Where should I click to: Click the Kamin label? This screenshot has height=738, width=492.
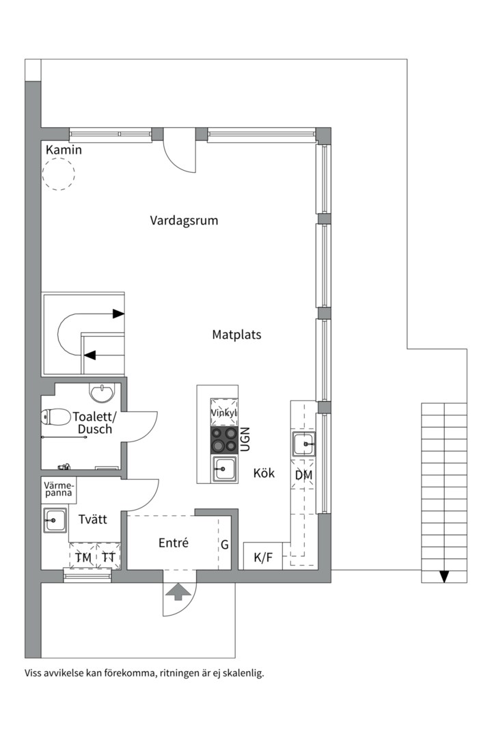pyautogui.click(x=64, y=150)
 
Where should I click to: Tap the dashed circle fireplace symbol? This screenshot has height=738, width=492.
pyautogui.click(x=58, y=174)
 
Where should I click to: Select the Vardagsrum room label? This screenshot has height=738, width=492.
pyautogui.click(x=184, y=221)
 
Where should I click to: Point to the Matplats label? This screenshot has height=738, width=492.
pyautogui.click(x=236, y=335)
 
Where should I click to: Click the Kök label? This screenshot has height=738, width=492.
pyautogui.click(x=264, y=473)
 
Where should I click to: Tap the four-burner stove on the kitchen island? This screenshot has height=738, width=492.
pyautogui.click(x=224, y=439)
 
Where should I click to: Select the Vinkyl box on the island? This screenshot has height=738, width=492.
pyautogui.click(x=224, y=413)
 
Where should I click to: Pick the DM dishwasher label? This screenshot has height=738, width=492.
pyautogui.click(x=304, y=474)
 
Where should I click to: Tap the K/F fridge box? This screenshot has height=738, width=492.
pyautogui.click(x=263, y=558)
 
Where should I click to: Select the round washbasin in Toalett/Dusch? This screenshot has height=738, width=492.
pyautogui.click(x=103, y=394)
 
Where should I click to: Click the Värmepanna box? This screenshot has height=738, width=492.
pyautogui.click(x=59, y=489)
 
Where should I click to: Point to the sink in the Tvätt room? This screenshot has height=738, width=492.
pyautogui.click(x=54, y=520)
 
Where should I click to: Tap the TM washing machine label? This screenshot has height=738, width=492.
pyautogui.click(x=83, y=558)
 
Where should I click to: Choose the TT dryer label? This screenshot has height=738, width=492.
pyautogui.click(x=108, y=558)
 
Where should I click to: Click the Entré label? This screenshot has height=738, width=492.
pyautogui.click(x=174, y=543)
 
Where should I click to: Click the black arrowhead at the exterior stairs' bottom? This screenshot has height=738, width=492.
pyautogui.click(x=444, y=576)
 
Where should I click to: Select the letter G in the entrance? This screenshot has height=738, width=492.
pyautogui.click(x=224, y=545)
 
